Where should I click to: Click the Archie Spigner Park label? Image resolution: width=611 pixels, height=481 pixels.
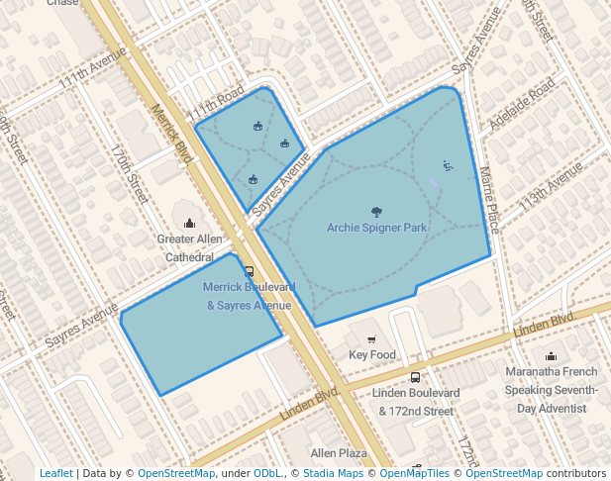pyautogui.click(x=376, y=228)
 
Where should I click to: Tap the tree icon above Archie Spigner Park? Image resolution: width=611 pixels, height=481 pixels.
pyautogui.click(x=376, y=211)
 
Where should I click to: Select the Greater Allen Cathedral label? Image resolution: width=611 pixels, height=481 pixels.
pyautogui.click(x=189, y=247)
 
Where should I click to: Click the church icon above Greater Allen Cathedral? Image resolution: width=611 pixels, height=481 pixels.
pyautogui.click(x=189, y=223)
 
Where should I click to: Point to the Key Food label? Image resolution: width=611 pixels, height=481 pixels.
pyautogui.click(x=372, y=354)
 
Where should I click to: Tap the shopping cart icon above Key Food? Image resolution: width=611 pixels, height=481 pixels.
pyautogui.click(x=372, y=338)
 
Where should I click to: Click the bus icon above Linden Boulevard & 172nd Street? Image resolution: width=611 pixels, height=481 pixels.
pyautogui.click(x=415, y=377)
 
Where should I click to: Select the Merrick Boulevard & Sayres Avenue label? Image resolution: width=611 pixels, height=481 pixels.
pyautogui.click(x=249, y=296)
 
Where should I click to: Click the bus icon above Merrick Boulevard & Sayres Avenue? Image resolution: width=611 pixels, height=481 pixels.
pyautogui.click(x=249, y=270)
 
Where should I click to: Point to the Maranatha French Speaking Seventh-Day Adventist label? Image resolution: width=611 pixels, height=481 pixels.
pyautogui.click(x=551, y=390)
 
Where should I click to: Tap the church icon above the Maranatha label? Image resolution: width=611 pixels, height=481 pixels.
pyautogui.click(x=551, y=356)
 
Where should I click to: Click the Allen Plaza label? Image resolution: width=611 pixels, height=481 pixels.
pyautogui.click(x=339, y=452)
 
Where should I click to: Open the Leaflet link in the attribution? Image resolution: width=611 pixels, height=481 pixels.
pyautogui.click(x=55, y=473)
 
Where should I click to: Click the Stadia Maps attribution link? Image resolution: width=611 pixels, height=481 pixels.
pyautogui.click(x=333, y=473)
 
